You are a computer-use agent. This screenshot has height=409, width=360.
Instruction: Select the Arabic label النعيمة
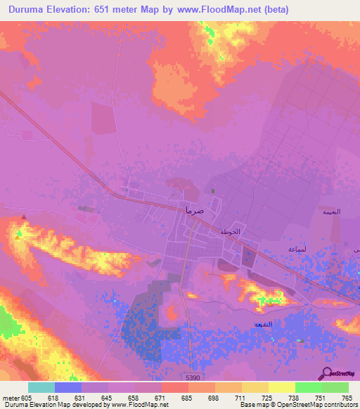(330, 212)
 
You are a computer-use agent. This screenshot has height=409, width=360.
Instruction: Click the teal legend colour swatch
(41, 387)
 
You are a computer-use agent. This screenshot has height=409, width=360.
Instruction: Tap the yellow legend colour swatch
(281, 387)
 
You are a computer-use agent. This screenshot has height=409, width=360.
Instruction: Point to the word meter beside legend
(11, 398)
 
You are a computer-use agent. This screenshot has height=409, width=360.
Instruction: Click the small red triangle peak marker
(25, 217)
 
